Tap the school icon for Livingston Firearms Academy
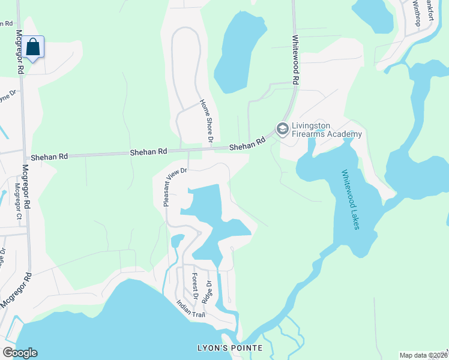pos(282,128)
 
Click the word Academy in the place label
pos(345,134)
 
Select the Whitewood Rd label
pos(295,62)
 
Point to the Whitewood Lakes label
pos(351,203)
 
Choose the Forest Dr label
pos(194,286)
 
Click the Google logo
pos(20,353)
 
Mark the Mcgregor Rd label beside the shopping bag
pos(19,52)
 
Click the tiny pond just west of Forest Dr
pos(176,241)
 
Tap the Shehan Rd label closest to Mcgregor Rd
pos(50,156)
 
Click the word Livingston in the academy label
pos(310,126)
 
